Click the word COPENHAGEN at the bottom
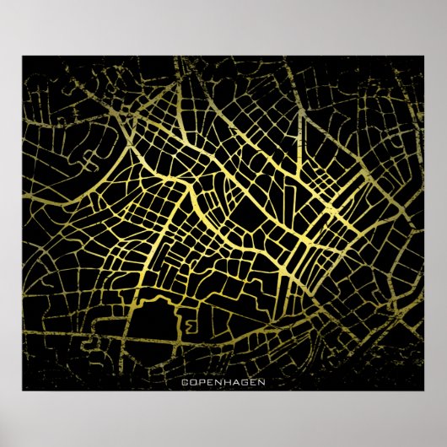point(223,382)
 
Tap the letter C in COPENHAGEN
point(185,382)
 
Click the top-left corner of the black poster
point(23,57)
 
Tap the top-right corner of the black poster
point(424,57)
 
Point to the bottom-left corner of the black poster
point(23,390)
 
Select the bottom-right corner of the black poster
point(424,390)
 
